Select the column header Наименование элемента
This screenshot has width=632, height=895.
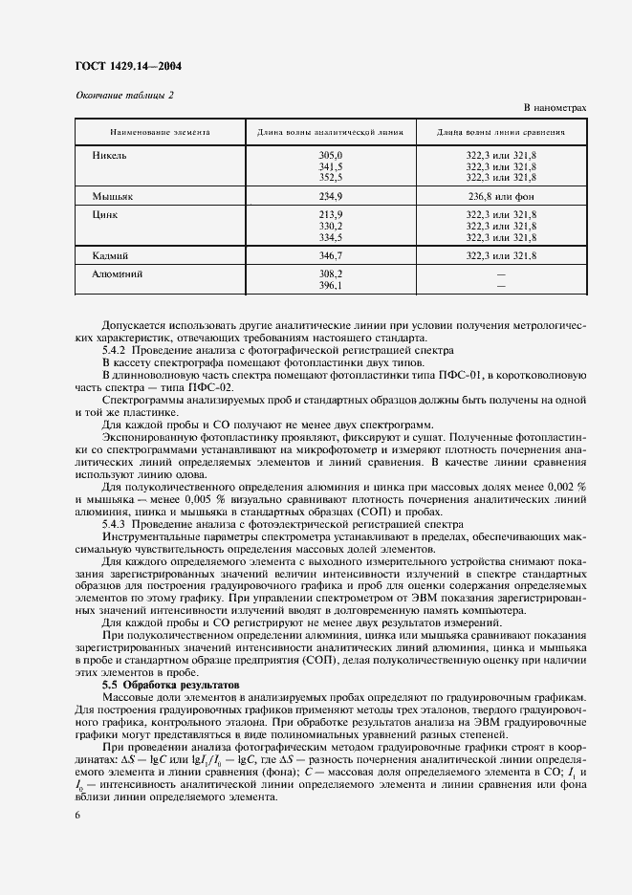[x=146, y=132]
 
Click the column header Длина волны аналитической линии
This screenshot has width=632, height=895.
[x=330, y=132]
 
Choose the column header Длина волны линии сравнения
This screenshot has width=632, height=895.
[x=501, y=132]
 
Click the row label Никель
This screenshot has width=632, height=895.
[x=109, y=154]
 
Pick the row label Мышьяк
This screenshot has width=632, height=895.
[x=112, y=195]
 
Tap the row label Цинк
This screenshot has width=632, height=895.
[x=105, y=215]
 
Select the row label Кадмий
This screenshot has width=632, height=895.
[x=111, y=256]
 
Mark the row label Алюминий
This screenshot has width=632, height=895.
[x=117, y=273]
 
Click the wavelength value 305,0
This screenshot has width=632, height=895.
[x=330, y=155]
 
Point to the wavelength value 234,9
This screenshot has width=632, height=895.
[x=330, y=195]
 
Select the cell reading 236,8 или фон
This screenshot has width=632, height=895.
[x=501, y=195]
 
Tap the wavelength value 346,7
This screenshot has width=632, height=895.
[x=330, y=256]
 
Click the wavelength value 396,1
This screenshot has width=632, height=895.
[x=330, y=285]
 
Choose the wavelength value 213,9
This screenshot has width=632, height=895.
[x=330, y=215]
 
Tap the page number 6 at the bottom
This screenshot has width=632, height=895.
[x=76, y=816]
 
